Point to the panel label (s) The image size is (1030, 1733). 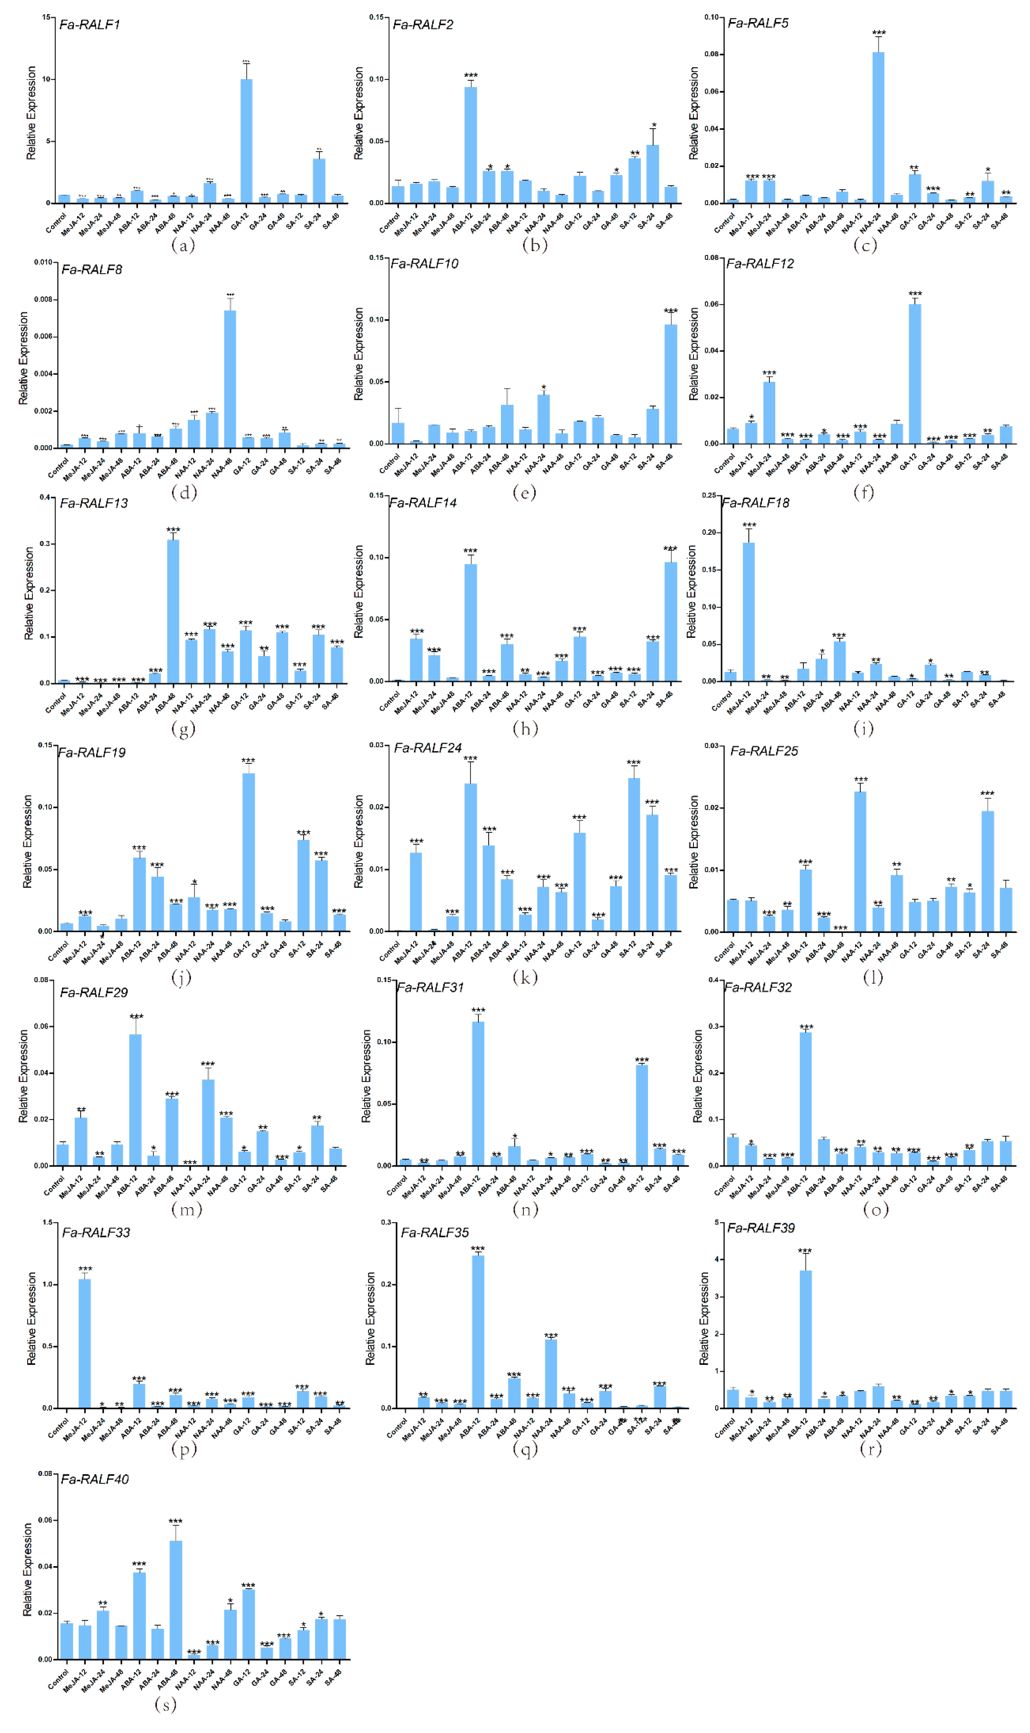(x=165, y=1704)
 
